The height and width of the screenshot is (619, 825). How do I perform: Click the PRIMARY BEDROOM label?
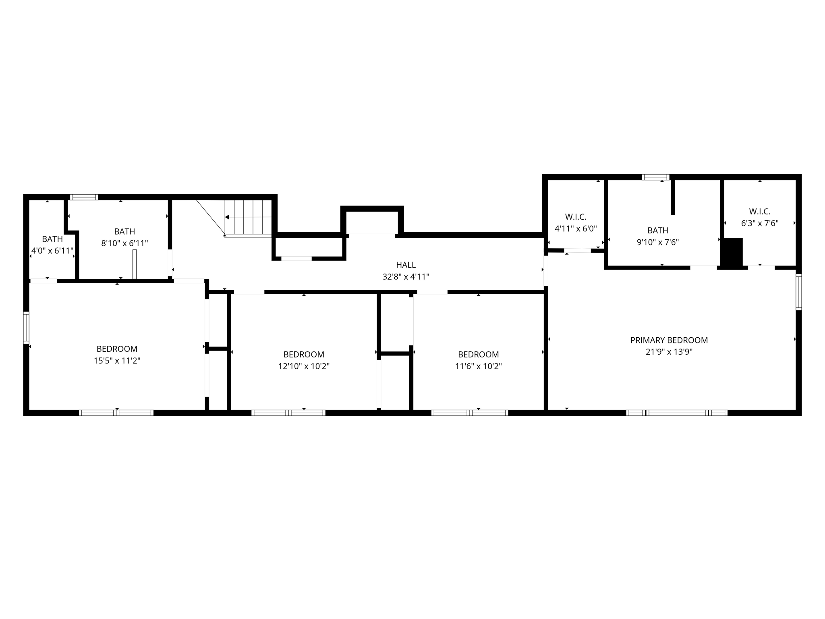coord(669,340)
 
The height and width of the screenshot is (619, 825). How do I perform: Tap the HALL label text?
coord(406,265)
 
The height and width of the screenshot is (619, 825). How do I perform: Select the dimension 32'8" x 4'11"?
coord(406,277)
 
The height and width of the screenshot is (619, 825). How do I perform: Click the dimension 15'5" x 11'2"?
coord(117,361)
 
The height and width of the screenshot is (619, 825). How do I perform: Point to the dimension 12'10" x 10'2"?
coord(304,366)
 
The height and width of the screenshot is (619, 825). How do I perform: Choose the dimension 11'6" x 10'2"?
coord(478,366)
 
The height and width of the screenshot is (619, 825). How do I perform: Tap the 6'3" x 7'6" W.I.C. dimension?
coord(760,223)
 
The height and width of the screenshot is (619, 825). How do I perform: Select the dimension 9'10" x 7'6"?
coord(657,242)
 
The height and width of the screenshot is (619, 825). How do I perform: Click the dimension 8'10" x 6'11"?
coord(124,243)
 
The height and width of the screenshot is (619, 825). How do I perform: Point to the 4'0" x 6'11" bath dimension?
coord(52,251)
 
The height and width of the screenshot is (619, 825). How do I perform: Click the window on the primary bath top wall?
coord(655,177)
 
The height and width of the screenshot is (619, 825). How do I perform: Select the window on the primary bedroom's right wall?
coord(798,292)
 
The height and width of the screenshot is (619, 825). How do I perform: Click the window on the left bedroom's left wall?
coord(26,328)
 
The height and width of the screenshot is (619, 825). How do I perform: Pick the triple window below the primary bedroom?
coord(676,413)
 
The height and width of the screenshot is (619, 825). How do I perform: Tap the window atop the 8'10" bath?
coord(84,197)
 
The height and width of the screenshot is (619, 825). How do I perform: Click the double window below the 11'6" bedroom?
coord(469,413)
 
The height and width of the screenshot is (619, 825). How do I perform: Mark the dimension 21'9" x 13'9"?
coord(669,352)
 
